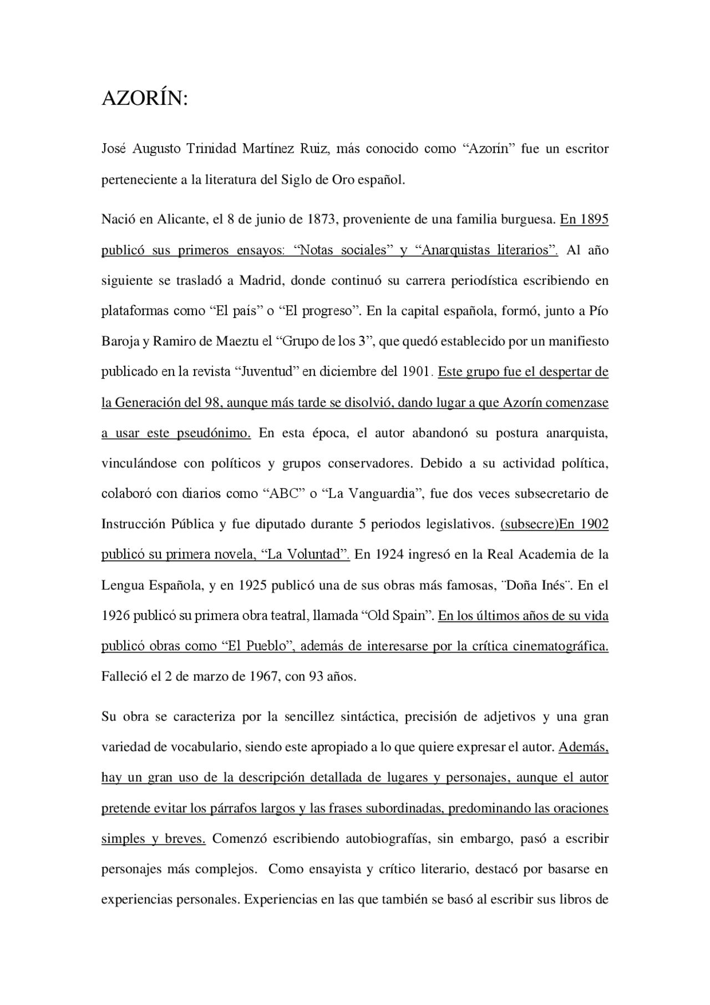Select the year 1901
coord(414,372)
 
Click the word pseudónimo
coord(214,433)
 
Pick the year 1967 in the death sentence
coord(263,677)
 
